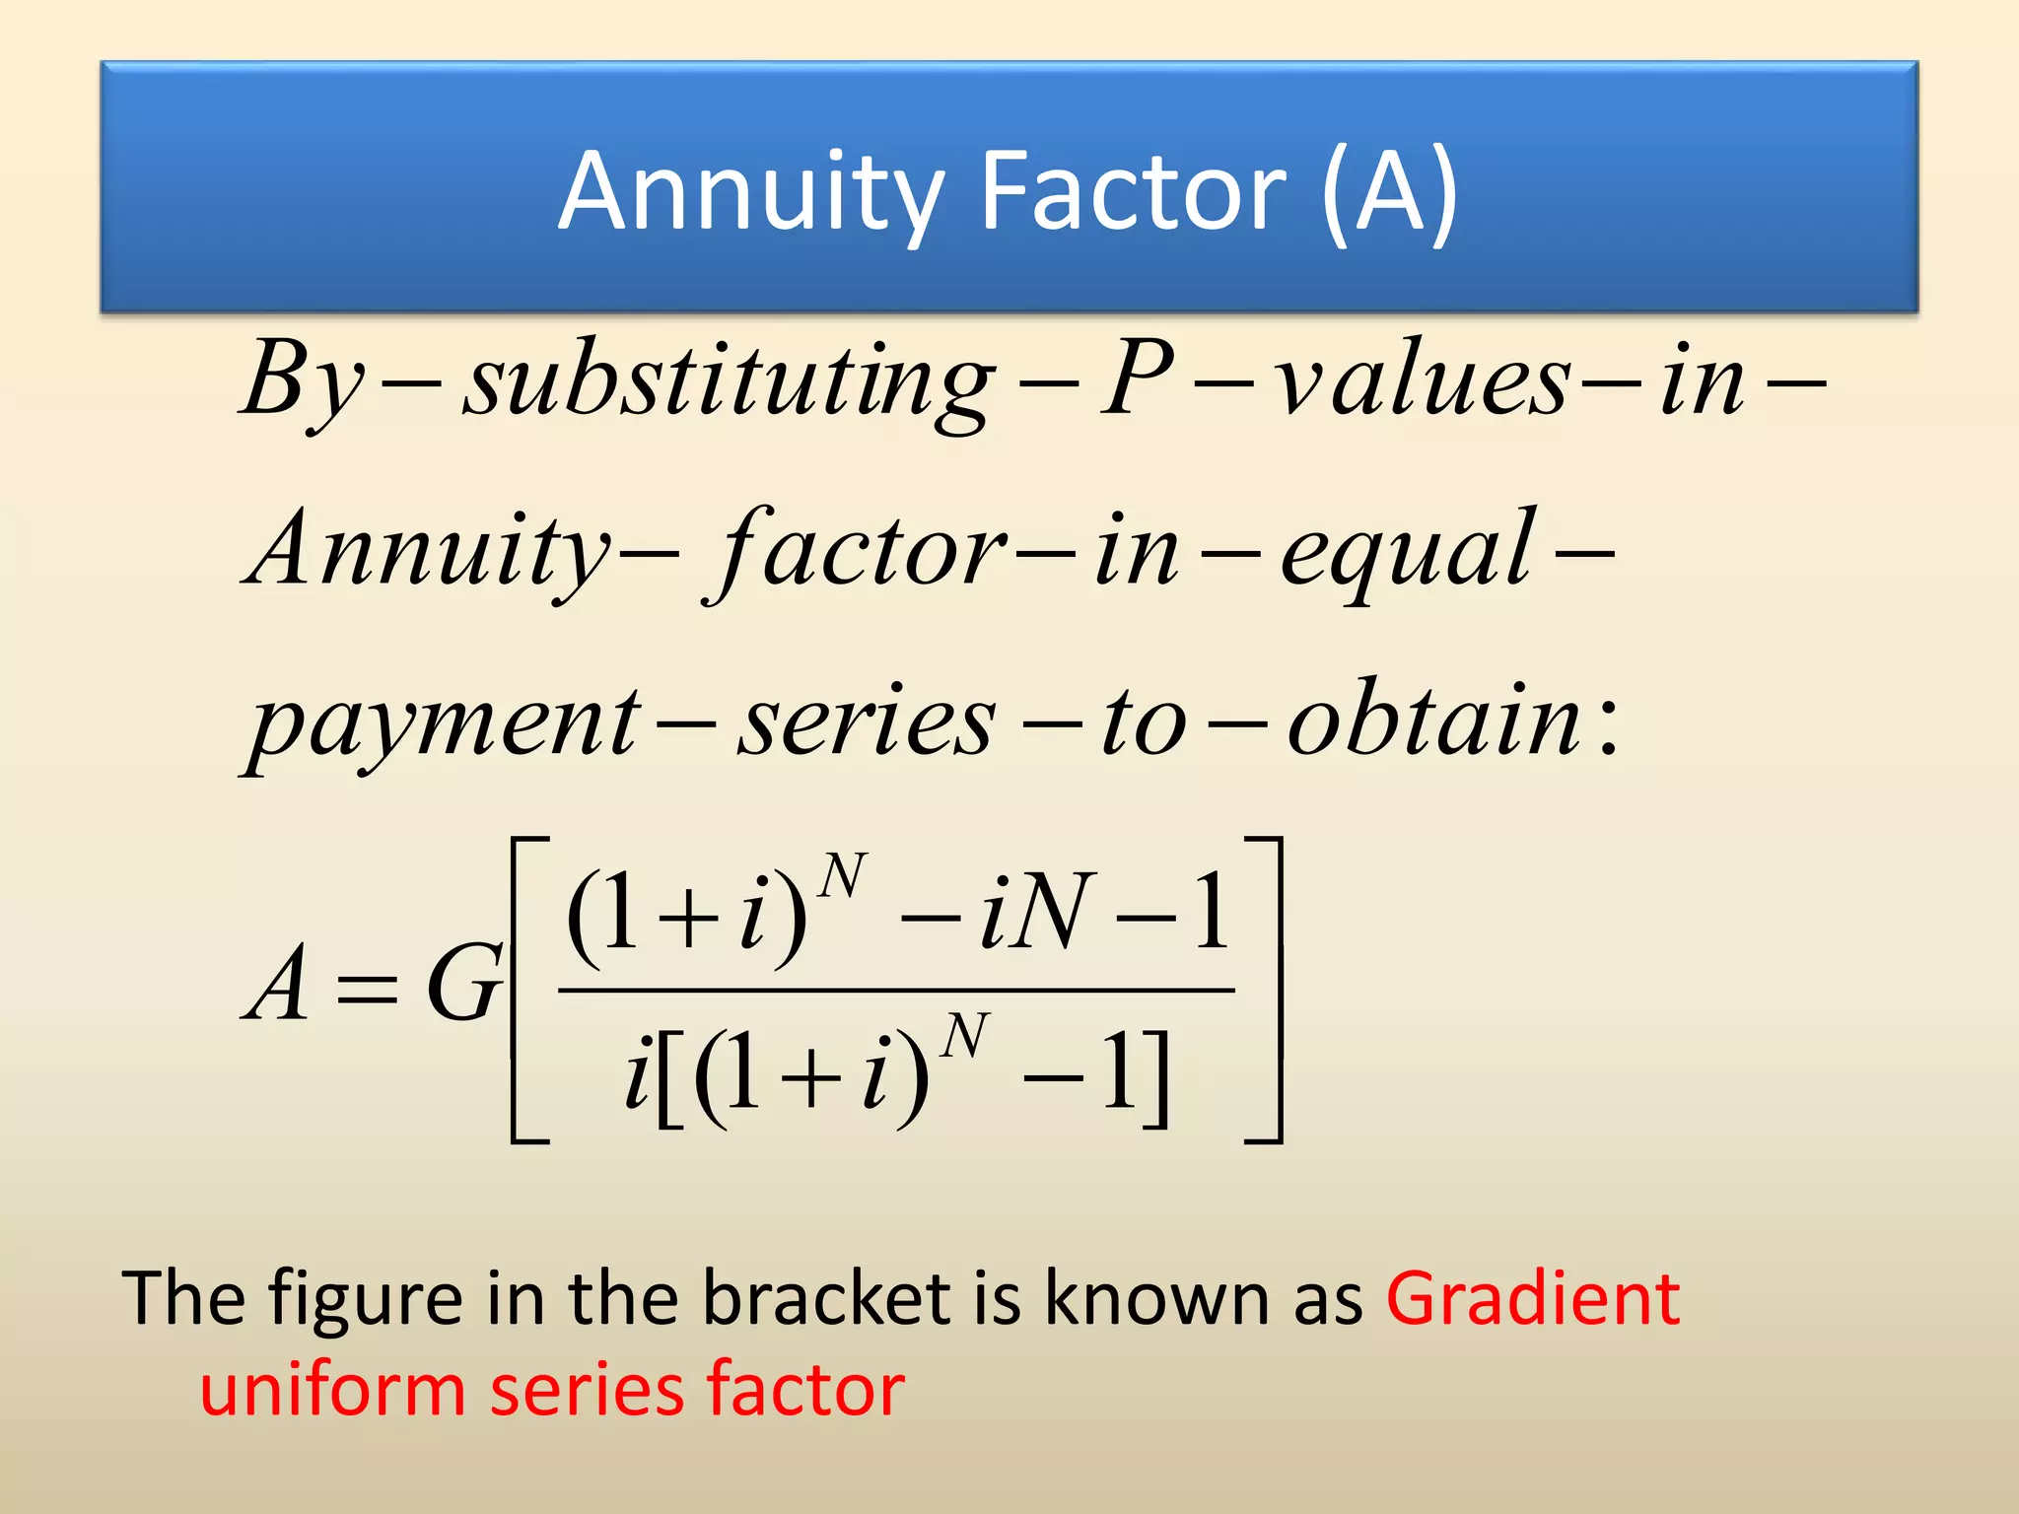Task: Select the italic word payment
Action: pyautogui.click(x=444, y=724)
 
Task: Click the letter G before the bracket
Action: pyautogui.click(x=463, y=984)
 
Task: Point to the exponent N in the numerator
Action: pyautogui.click(x=844, y=875)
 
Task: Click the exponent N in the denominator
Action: pyautogui.click(x=964, y=1036)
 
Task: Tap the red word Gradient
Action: pyautogui.click(x=1532, y=1299)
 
